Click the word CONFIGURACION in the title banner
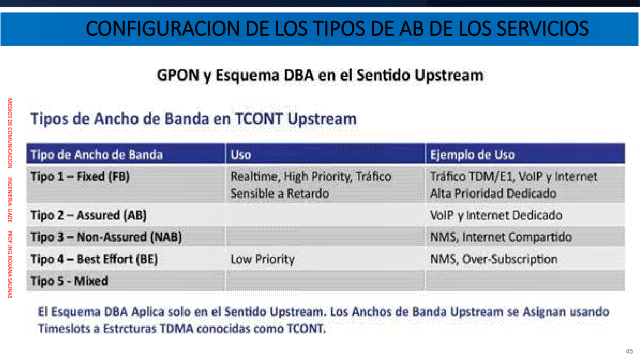[x=163, y=29]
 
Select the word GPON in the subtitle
[x=178, y=75]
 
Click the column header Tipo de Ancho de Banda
[x=97, y=154]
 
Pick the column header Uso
[x=241, y=154]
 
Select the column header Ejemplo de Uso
[x=472, y=154]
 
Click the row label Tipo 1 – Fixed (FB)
[x=80, y=176]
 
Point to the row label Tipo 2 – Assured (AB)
[x=89, y=215]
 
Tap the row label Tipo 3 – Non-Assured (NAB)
[x=106, y=237]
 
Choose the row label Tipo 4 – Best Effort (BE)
[x=94, y=259]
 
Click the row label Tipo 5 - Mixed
[x=69, y=281]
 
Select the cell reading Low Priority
[x=263, y=259]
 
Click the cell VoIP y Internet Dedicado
[x=496, y=215]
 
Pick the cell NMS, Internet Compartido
[x=501, y=237]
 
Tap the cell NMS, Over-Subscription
[x=494, y=259]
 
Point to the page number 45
[x=629, y=351]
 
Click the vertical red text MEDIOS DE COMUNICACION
[x=10, y=133]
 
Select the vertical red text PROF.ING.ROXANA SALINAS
[x=10, y=264]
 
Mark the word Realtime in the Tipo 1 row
[x=255, y=176]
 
